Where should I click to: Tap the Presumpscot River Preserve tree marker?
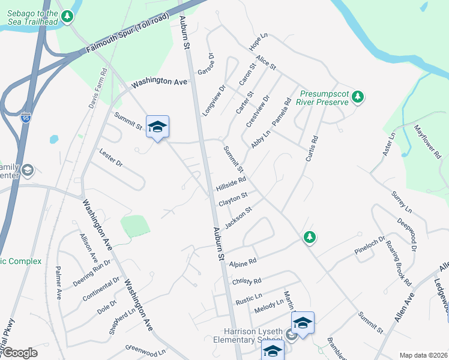(x=358, y=97)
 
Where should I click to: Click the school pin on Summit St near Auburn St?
(x=157, y=127)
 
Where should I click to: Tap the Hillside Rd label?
(x=231, y=184)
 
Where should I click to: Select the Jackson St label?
(x=237, y=217)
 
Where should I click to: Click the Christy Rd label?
(x=247, y=282)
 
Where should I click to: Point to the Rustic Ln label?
(x=249, y=296)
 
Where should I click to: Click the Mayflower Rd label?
(x=427, y=142)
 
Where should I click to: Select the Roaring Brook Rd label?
(x=399, y=263)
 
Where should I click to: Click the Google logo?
(x=19, y=353)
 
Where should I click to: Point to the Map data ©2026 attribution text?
(x=423, y=355)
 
